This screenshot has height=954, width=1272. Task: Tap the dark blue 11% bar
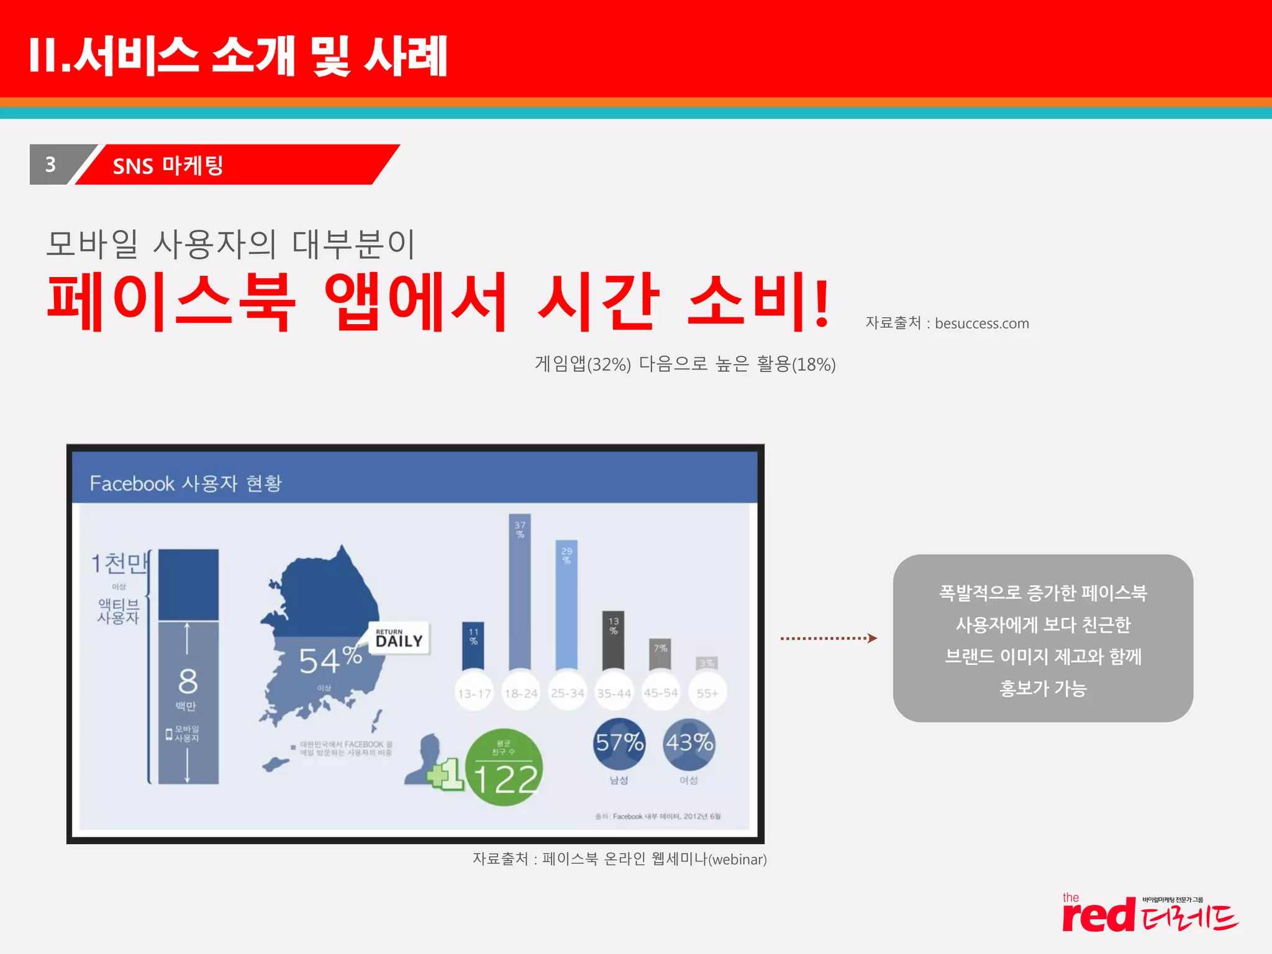(473, 645)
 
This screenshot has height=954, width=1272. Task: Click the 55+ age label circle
(707, 693)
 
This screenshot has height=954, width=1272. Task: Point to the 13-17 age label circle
(474, 693)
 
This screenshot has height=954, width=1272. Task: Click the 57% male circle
(619, 743)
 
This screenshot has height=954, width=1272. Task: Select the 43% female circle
(689, 743)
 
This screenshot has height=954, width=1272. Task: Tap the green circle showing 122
(504, 768)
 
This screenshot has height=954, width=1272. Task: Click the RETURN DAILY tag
(399, 638)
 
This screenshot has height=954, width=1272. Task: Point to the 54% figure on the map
(330, 660)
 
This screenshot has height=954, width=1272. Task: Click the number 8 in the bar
(188, 681)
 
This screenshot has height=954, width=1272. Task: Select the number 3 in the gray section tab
(51, 165)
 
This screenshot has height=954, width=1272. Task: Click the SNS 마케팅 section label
(168, 166)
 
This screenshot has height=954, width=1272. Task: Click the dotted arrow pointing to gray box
(828, 638)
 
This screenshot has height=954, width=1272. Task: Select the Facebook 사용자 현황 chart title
(186, 483)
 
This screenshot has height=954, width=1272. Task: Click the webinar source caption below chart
(619, 859)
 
